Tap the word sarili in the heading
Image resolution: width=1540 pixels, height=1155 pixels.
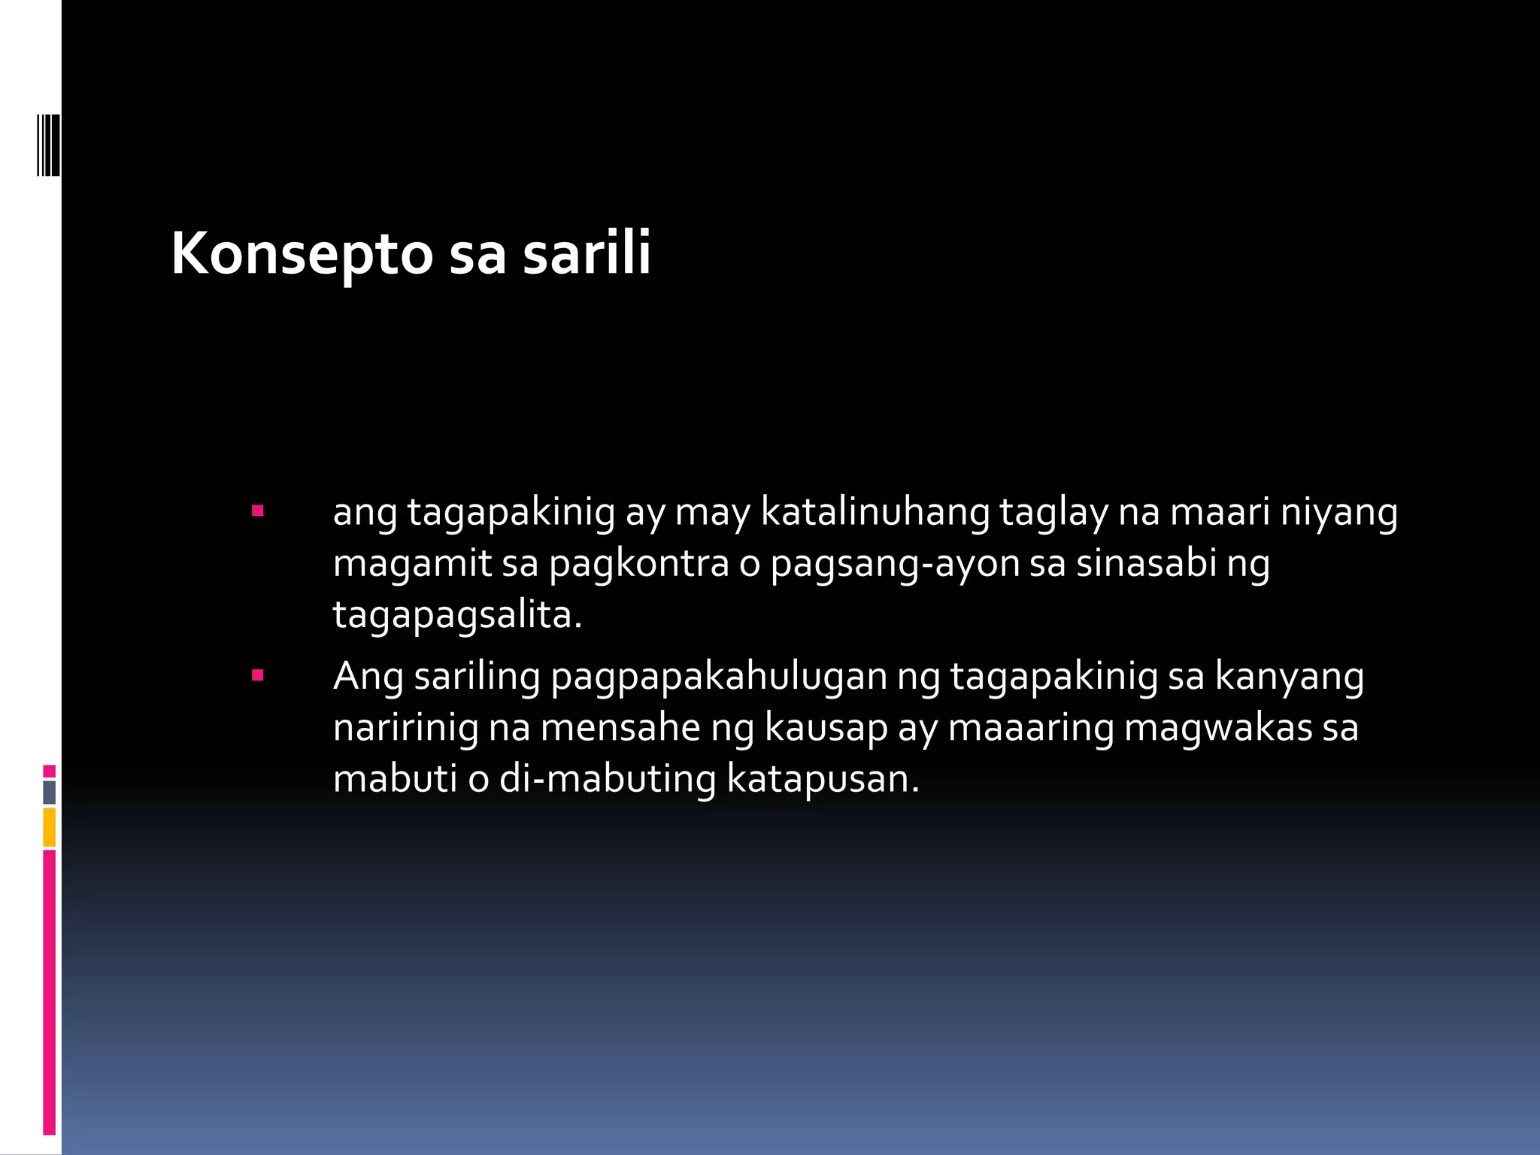[x=587, y=253]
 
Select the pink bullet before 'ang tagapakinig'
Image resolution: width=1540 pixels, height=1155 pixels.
[x=258, y=511]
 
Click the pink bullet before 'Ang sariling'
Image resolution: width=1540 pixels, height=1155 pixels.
[x=258, y=675]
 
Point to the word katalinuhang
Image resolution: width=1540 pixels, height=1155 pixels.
[x=875, y=513]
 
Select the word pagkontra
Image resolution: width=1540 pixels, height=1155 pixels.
[x=639, y=564]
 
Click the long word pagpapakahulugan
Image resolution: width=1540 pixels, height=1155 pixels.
[x=718, y=677]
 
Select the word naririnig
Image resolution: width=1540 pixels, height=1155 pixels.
[x=405, y=728]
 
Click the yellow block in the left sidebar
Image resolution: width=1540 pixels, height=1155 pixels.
[x=50, y=826]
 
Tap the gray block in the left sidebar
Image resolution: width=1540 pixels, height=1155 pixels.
[x=50, y=792]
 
